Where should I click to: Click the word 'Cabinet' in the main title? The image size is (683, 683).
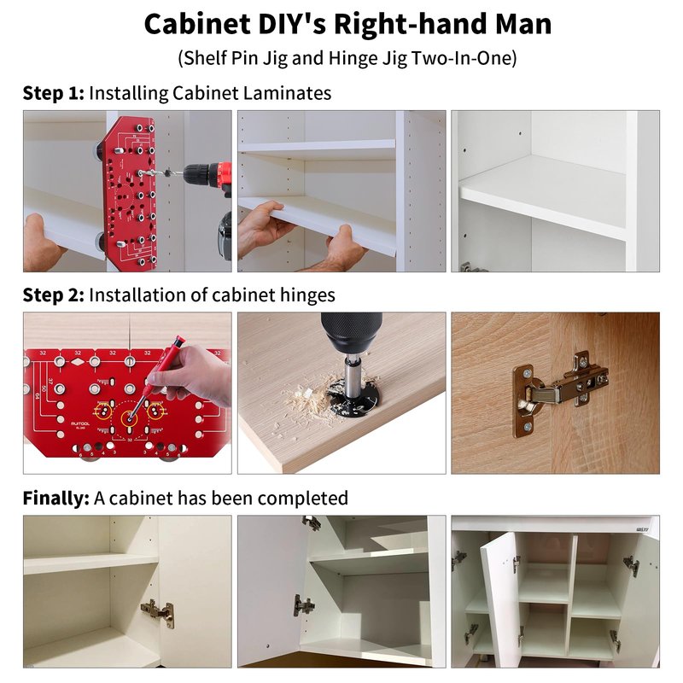[197, 24]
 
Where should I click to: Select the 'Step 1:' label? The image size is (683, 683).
[54, 93]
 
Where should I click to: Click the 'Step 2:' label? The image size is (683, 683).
[54, 295]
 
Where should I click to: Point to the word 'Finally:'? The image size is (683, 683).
[55, 498]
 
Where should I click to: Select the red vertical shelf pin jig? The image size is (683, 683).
[129, 193]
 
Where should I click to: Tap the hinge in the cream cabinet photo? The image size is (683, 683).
[158, 612]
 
